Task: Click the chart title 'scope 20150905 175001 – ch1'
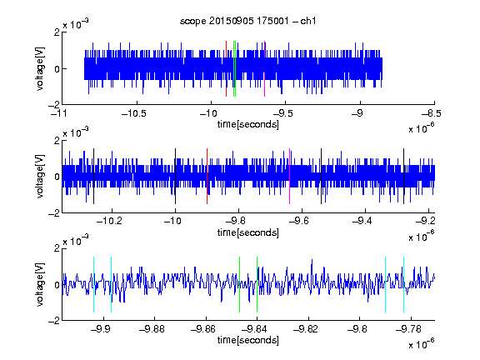247,21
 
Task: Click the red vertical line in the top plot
226,68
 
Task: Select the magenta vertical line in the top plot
264,68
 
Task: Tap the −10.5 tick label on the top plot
134,114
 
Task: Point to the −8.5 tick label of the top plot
432,114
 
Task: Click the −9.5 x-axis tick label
282,114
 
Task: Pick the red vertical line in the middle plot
207,177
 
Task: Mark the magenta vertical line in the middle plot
290,177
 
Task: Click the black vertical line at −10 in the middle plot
175,177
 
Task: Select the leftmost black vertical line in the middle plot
93,177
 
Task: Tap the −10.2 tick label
109,221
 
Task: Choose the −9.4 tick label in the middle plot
362,221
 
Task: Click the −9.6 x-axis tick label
299,221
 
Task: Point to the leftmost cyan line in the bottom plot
93,285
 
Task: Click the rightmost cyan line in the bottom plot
404,285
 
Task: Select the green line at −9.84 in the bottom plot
257,285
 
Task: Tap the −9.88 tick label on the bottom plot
152,329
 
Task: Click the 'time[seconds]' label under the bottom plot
248,340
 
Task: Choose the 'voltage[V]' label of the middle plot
40,177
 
